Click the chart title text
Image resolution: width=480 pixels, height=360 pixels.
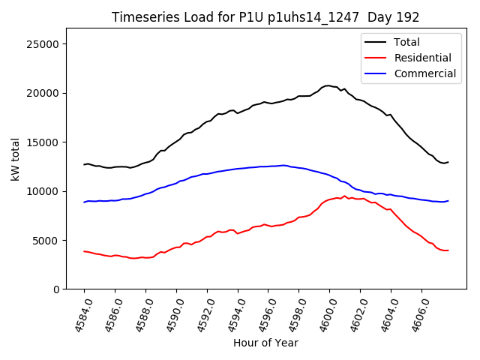click(265, 17)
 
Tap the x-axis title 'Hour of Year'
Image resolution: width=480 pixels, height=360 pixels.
click(265, 343)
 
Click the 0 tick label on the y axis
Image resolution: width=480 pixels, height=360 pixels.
click(56, 289)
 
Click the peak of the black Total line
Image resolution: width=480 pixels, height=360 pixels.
click(328, 85)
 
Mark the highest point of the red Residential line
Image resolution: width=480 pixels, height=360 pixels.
click(344, 196)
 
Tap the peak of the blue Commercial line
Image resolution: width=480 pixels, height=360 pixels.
click(283, 165)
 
